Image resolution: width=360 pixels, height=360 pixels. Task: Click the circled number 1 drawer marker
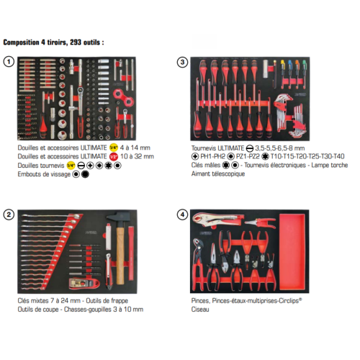pyautogui.click(x=9, y=62)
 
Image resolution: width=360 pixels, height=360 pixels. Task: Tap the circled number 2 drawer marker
pyautogui.click(x=9, y=215)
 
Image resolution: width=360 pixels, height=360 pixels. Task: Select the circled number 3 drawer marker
pyautogui.click(x=182, y=62)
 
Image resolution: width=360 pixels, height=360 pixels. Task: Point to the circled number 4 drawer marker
pyautogui.click(x=182, y=215)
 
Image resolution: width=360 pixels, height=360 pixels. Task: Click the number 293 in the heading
pyautogui.click(x=76, y=42)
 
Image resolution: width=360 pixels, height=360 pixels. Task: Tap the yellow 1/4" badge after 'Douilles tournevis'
pyautogui.click(x=71, y=166)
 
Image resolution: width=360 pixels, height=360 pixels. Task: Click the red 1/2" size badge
pyautogui.click(x=114, y=157)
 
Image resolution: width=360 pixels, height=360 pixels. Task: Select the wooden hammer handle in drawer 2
pyautogui.click(x=120, y=256)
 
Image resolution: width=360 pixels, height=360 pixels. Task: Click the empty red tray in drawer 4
pyautogui.click(x=292, y=252)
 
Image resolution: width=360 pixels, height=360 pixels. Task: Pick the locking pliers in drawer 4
pyautogui.click(x=217, y=219)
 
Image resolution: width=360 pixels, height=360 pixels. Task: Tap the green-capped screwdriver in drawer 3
pyautogui.click(x=304, y=72)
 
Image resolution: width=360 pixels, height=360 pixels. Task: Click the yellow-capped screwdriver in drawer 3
pyautogui.click(x=282, y=72)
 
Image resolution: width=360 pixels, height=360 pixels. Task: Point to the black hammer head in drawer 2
pyautogui.click(x=118, y=217)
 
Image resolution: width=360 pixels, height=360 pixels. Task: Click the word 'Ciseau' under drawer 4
pyautogui.click(x=200, y=310)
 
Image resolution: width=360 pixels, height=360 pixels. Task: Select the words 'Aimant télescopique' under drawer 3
pyautogui.click(x=218, y=174)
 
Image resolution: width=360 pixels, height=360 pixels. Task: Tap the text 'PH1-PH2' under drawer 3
pyautogui.click(x=212, y=156)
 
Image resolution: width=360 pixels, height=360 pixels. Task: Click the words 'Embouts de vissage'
pyautogui.click(x=44, y=174)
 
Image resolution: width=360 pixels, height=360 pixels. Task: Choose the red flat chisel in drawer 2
pyautogui.click(x=131, y=253)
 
